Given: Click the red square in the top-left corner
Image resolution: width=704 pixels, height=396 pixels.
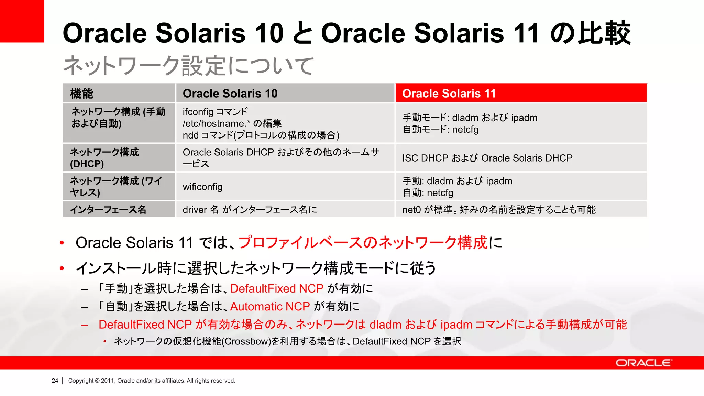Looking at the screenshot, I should pos(22,21).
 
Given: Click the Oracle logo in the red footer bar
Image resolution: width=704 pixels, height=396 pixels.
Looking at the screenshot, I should pos(643,363).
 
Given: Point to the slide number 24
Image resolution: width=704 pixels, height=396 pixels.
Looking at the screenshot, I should pos(55,381).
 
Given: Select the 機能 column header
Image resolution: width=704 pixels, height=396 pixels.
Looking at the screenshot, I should pos(82,93).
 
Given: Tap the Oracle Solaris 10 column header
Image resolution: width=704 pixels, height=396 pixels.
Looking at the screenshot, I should pos(230,93).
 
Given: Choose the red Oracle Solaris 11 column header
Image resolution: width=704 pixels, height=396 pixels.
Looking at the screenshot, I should pos(449,93).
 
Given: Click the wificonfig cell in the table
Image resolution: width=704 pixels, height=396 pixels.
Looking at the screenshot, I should pos(202,187).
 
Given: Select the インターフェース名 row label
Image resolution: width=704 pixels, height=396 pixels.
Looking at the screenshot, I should pos(108,209).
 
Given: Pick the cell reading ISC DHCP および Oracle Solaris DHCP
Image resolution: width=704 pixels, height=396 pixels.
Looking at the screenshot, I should pos(487,158).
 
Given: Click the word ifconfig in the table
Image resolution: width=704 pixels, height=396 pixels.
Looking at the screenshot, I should pos(198,112).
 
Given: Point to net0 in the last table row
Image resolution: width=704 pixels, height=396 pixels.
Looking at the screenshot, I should pos(411,210).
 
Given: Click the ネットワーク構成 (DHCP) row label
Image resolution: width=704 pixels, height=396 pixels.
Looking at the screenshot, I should pos(104,158).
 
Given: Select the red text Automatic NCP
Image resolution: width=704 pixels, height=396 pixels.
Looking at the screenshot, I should pos(270,306).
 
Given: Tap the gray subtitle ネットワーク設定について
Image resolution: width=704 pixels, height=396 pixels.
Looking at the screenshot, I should pos(188,66).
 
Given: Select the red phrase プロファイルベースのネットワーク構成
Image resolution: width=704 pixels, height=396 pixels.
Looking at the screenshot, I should pos(363,243).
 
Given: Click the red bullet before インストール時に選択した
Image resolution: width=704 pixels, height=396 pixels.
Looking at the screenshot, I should pos(62,268).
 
